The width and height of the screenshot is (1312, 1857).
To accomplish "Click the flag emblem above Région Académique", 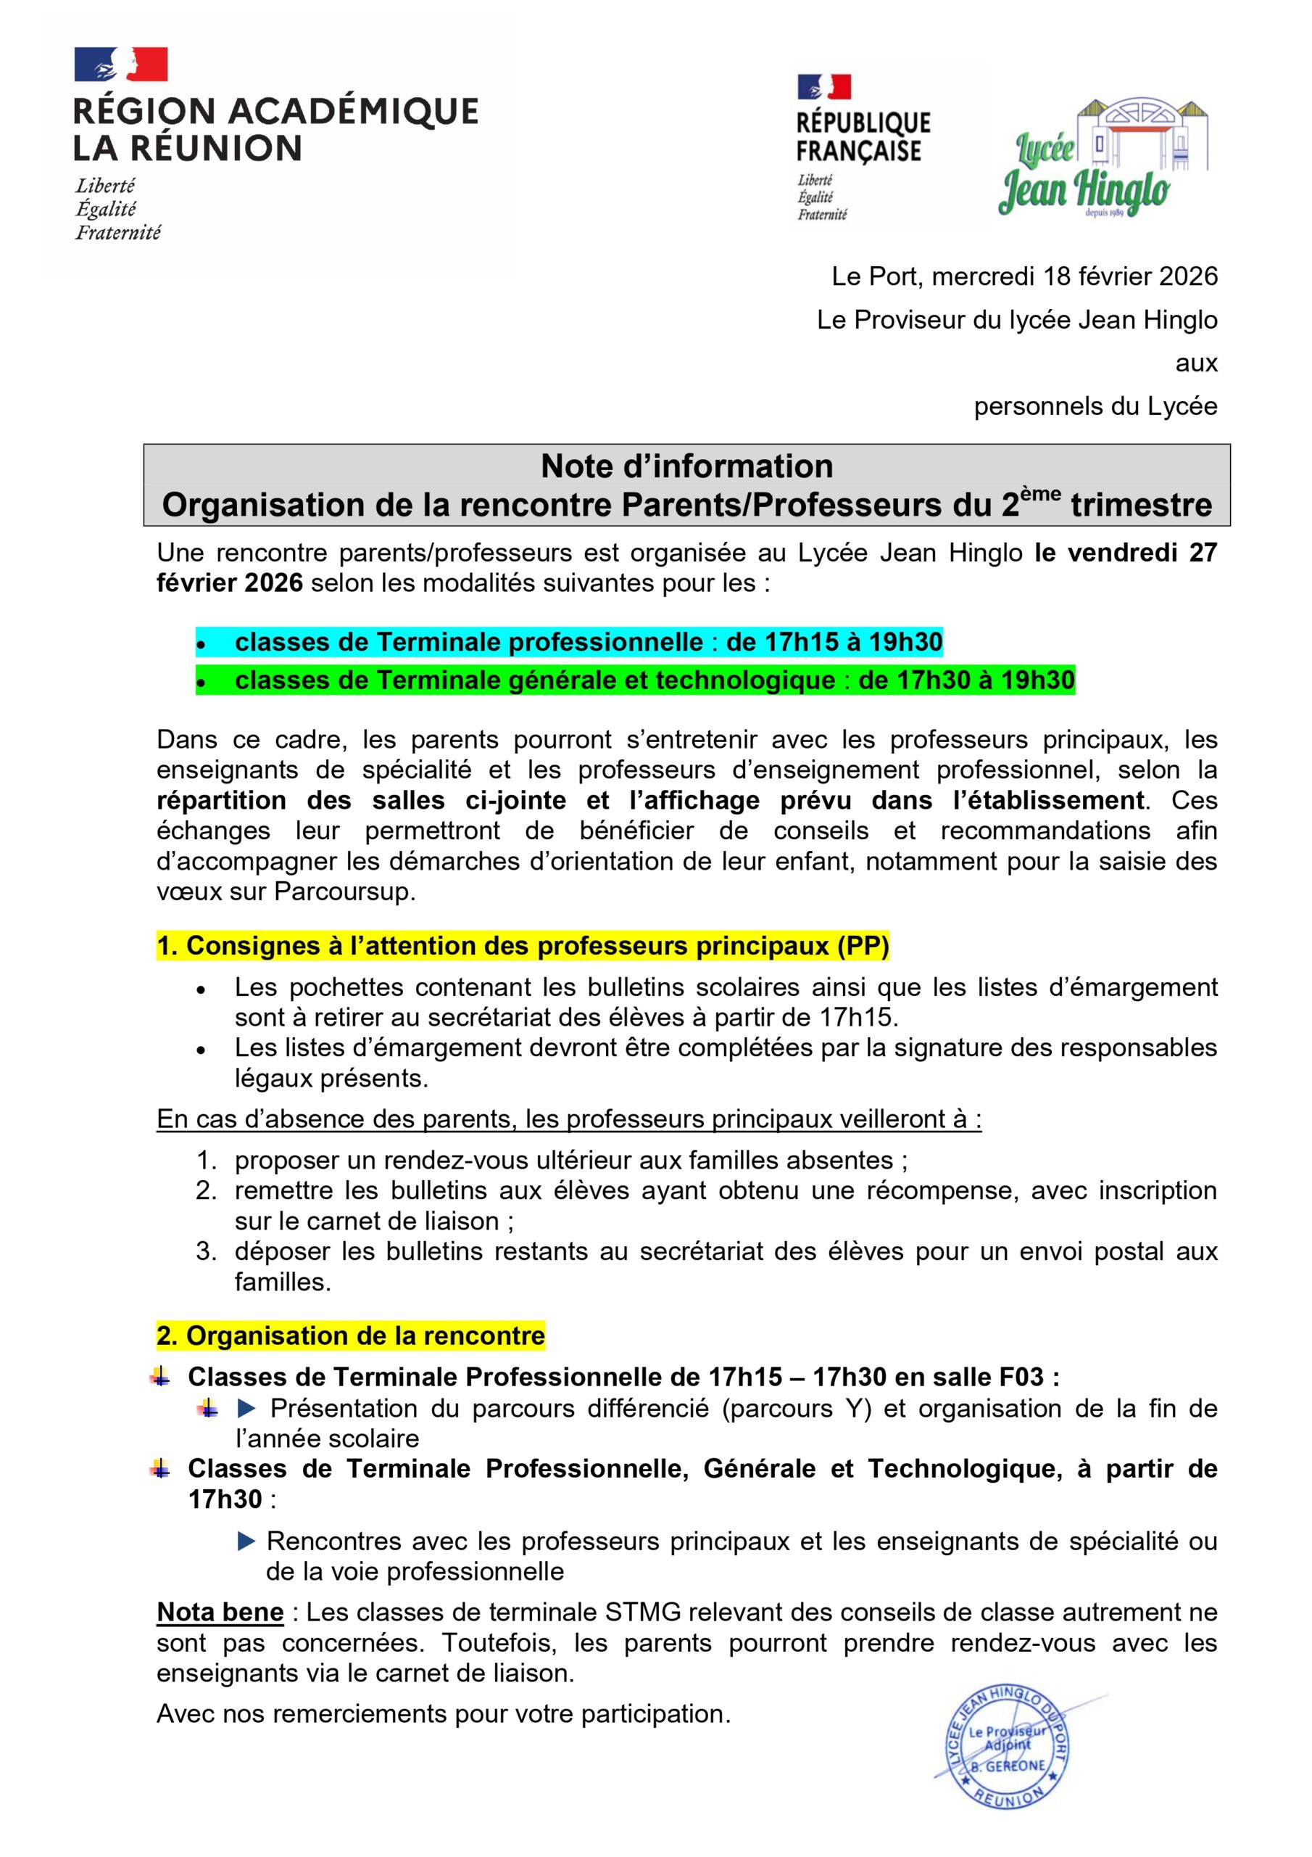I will click(120, 65).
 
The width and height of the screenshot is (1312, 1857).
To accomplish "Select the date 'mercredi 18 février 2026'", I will click(1074, 276).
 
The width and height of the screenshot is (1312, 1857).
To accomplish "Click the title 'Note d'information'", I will click(686, 466).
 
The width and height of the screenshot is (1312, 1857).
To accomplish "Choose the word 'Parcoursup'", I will click(344, 892).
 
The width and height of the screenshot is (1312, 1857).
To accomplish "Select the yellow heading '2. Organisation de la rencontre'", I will click(351, 1335).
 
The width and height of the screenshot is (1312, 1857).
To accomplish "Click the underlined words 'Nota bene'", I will click(220, 1612).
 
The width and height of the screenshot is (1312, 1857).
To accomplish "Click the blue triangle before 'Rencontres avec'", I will click(246, 1541).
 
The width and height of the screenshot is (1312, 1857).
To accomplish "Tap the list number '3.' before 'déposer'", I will click(206, 1251).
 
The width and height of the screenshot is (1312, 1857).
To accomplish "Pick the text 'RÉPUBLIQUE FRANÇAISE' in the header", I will click(863, 138).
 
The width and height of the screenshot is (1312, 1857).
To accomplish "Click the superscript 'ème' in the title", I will click(1040, 494).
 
